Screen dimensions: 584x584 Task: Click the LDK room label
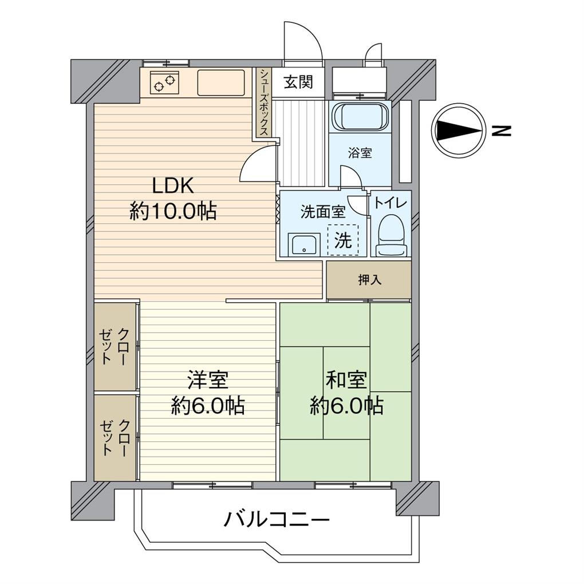pos(173,186)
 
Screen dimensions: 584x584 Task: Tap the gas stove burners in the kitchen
pos(164,83)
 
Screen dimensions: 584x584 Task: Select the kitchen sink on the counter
pos(221,82)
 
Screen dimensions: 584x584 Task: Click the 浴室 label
pos(361,153)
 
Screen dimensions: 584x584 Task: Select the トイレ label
pos(391,203)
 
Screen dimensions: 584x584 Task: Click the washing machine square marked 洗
pos(343,240)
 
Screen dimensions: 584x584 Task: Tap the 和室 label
pos(346,380)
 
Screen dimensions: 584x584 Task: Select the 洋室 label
pos(208,380)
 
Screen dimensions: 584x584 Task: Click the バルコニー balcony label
pos(277,520)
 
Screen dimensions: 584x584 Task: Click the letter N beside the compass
pos(502,131)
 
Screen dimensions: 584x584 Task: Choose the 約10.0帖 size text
pos(173,212)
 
